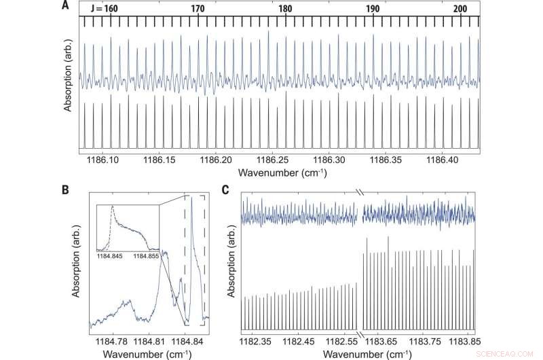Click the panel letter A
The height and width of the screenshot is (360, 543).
click(65, 6)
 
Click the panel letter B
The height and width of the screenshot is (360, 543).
click(65, 192)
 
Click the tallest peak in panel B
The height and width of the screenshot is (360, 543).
click(192, 198)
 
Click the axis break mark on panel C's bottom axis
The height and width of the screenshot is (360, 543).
click(360, 333)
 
